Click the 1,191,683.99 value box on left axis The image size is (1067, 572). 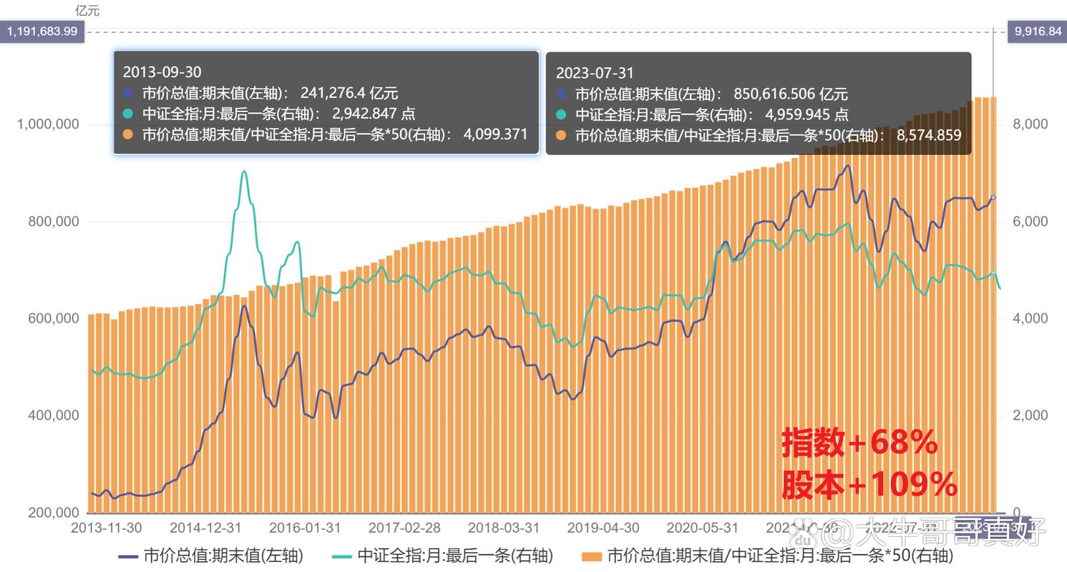(x=42, y=31)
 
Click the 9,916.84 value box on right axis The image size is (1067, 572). (x=1036, y=31)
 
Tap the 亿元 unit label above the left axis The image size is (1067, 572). (x=87, y=11)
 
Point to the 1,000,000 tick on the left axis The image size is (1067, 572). (x=47, y=124)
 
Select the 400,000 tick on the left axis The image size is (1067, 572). (x=52, y=415)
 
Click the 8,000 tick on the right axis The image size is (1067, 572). (x=1031, y=124)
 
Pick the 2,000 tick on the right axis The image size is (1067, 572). (x=1031, y=415)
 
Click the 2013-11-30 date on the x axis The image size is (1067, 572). (x=107, y=528)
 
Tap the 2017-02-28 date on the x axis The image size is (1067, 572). (x=404, y=528)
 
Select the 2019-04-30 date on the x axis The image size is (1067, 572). (x=603, y=528)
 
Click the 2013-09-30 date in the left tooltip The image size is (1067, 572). (x=162, y=72)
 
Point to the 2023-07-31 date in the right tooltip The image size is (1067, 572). (x=595, y=73)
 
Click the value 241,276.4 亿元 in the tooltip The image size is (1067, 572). (x=349, y=93)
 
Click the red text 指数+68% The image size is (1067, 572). (x=859, y=443)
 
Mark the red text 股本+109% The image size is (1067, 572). (x=869, y=485)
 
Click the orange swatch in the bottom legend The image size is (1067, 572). (x=591, y=556)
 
